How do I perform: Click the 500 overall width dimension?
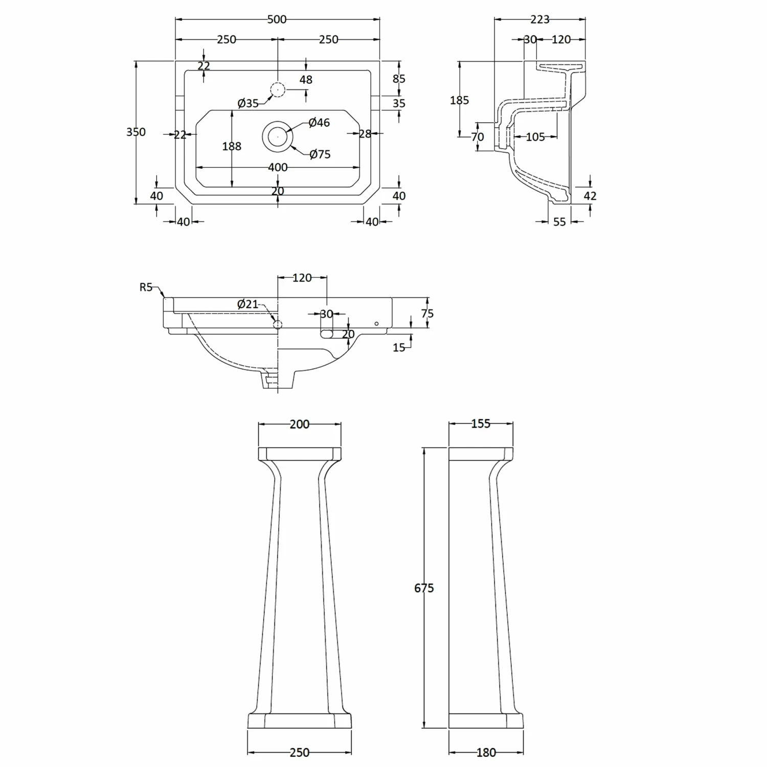pyautogui.click(x=277, y=19)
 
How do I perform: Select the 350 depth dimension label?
pyautogui.click(x=136, y=132)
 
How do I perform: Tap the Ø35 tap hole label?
pyautogui.click(x=248, y=104)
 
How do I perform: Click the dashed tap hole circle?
pyautogui.click(x=277, y=90)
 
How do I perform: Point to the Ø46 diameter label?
pyautogui.click(x=319, y=123)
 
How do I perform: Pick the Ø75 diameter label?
pyautogui.click(x=320, y=154)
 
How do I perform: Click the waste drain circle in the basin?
pyautogui.click(x=277, y=136)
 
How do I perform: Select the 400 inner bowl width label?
pyautogui.click(x=278, y=167)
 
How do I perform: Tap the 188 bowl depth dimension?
pyautogui.click(x=232, y=146)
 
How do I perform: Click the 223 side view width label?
pyautogui.click(x=539, y=19)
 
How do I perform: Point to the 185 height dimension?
pyautogui.click(x=459, y=100)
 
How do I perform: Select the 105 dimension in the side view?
pyautogui.click(x=535, y=137)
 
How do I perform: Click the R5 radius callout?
pyautogui.click(x=146, y=287)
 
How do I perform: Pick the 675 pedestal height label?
pyautogui.click(x=424, y=589)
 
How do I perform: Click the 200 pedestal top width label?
pyautogui.click(x=300, y=424)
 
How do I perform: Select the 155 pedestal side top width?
pyautogui.click(x=481, y=424)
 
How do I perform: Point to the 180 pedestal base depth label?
pyautogui.click(x=486, y=753)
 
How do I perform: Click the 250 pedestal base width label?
pyautogui.click(x=300, y=753)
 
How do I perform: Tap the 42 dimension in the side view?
pyautogui.click(x=590, y=196)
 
